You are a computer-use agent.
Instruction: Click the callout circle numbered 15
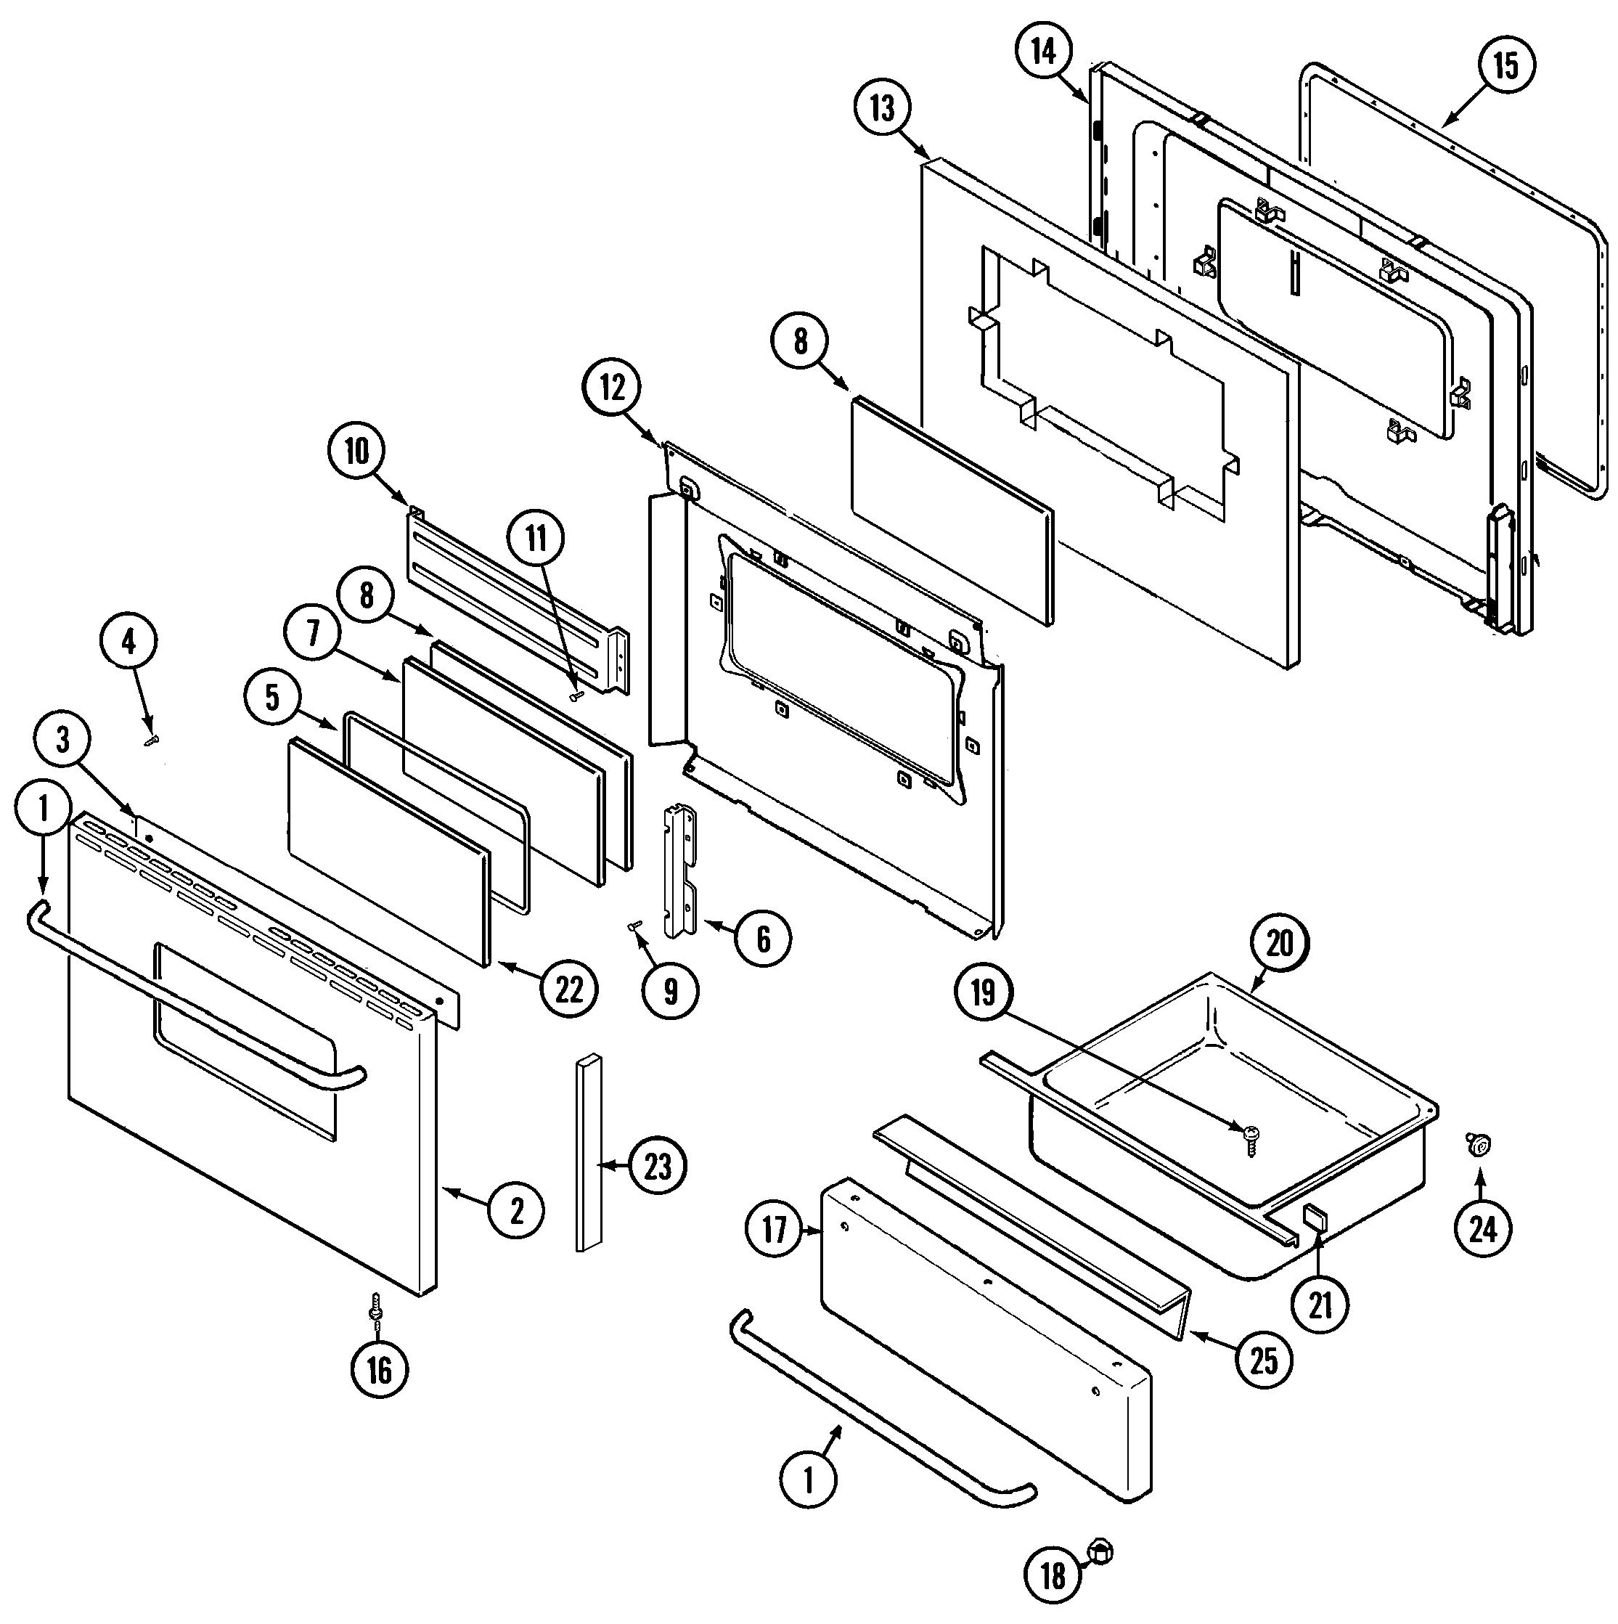pyautogui.click(x=1505, y=65)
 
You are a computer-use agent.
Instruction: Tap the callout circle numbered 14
pyautogui.click(x=1043, y=52)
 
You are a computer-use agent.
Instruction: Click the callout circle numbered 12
pyautogui.click(x=613, y=388)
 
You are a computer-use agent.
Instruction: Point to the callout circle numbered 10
pyautogui.click(x=356, y=452)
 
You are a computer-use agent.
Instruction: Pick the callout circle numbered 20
pyautogui.click(x=1279, y=943)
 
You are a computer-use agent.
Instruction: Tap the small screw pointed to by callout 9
pyautogui.click(x=634, y=925)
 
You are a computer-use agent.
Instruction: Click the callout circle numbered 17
pyautogui.click(x=774, y=1231)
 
